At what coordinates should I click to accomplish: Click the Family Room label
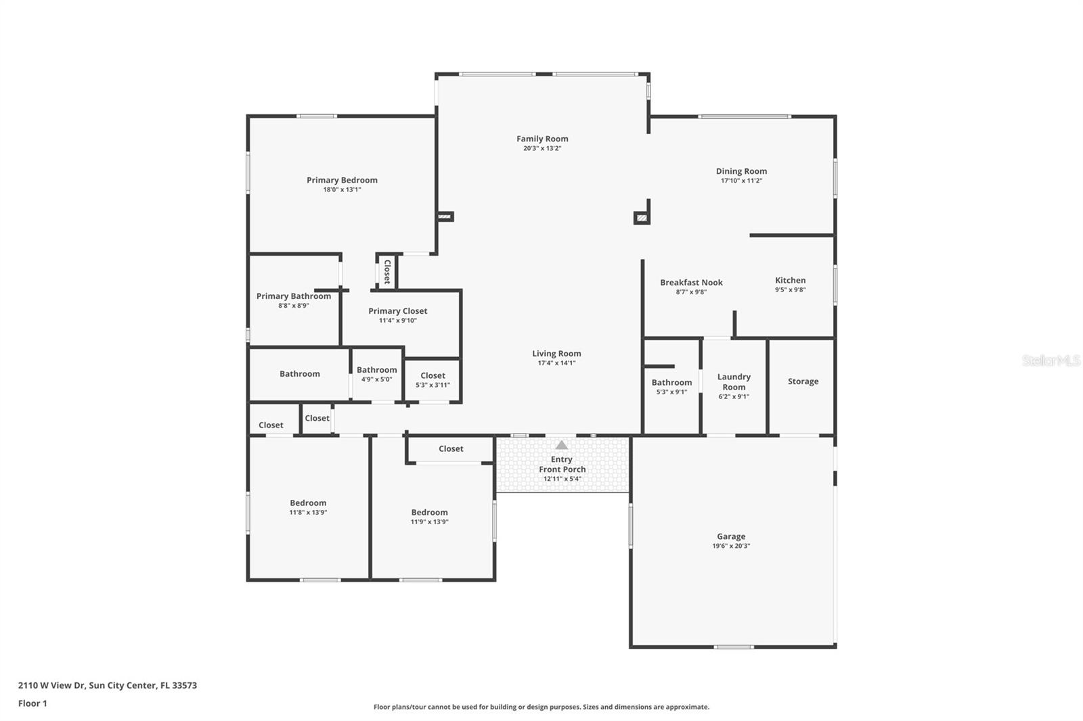point(542,139)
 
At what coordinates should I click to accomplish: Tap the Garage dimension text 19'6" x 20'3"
point(731,546)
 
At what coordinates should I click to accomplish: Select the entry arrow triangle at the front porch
point(561,445)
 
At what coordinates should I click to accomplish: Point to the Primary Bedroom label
point(342,180)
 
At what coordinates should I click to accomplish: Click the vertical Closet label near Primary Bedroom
point(387,271)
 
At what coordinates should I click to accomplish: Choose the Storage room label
point(803,381)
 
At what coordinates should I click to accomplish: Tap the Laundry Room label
point(734,381)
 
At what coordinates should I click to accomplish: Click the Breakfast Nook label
point(691,283)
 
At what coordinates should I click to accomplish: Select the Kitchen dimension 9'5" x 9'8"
point(790,290)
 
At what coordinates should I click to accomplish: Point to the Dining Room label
point(741,171)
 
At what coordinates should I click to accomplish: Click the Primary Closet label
point(397,311)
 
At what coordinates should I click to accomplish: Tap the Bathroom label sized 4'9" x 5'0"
point(376,370)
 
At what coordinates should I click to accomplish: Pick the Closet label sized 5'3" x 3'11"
point(433,375)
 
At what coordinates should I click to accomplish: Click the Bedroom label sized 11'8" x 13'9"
point(308,503)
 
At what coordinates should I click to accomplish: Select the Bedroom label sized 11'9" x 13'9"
point(429,512)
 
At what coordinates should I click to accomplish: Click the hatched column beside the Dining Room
point(641,218)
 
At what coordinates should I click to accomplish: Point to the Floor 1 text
point(32,703)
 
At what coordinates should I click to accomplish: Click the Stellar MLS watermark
point(1051,360)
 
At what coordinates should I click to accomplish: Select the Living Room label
point(556,353)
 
